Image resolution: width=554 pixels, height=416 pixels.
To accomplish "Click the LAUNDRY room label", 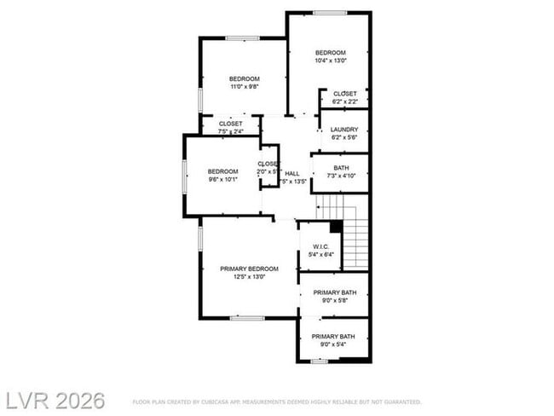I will click(x=344, y=130).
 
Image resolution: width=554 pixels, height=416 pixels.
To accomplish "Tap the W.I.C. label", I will click(x=320, y=246).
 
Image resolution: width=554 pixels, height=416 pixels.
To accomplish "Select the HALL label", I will click(x=292, y=173).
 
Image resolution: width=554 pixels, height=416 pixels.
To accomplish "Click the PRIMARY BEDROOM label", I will click(x=250, y=269).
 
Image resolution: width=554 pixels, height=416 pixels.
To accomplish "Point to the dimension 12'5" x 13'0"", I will click(x=250, y=276).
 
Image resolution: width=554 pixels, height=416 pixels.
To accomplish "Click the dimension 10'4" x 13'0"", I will click(x=330, y=61).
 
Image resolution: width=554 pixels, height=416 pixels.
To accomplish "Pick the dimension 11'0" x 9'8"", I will click(x=245, y=86).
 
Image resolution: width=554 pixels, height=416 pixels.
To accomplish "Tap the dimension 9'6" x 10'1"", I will click(x=223, y=179).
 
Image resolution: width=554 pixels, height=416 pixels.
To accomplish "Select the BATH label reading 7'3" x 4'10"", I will click(x=341, y=168).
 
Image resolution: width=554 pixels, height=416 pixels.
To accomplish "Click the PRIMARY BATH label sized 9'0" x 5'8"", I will click(x=333, y=292).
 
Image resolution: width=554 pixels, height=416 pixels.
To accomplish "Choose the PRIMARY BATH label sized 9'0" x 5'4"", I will click(x=333, y=337).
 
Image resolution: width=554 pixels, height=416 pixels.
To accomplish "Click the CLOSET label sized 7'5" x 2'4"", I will click(x=230, y=124).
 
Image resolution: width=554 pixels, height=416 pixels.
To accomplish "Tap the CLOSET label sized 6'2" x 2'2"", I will click(x=344, y=94).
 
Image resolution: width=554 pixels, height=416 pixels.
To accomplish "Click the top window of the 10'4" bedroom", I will click(x=330, y=13).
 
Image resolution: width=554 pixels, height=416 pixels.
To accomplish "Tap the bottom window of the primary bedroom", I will click(x=247, y=318).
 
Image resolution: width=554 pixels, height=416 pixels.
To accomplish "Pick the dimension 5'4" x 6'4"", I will click(x=320, y=254).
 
